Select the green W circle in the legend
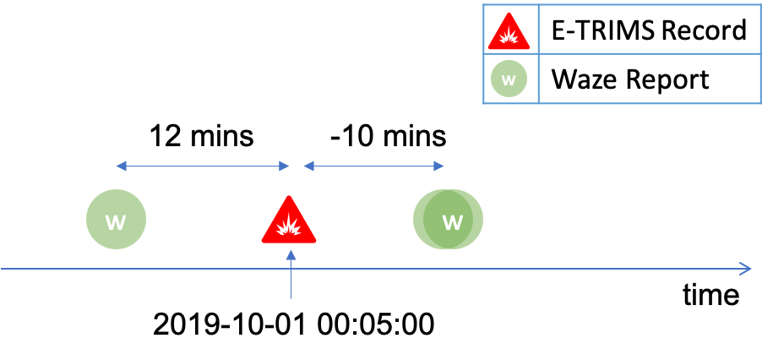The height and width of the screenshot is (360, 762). (509, 79)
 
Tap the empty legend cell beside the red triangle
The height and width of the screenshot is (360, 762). (649, 30)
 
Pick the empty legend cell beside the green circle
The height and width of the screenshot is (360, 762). (649, 79)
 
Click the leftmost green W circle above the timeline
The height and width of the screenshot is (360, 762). (116, 220)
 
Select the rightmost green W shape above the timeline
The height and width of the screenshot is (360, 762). (448, 220)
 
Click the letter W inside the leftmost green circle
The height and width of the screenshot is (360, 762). (115, 222)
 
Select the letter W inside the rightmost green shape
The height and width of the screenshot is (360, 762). (453, 222)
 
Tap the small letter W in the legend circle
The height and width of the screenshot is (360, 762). (509, 79)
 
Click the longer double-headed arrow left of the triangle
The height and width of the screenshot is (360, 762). (203, 166)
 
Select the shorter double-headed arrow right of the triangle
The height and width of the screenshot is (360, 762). (373, 166)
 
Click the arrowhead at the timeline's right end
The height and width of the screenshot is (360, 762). (747, 269)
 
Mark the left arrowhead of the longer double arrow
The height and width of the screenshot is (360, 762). (120, 166)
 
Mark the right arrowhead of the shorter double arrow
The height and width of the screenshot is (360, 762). (439, 166)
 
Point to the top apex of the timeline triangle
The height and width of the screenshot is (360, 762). (289, 198)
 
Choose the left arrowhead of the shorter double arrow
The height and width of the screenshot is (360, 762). (308, 166)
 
